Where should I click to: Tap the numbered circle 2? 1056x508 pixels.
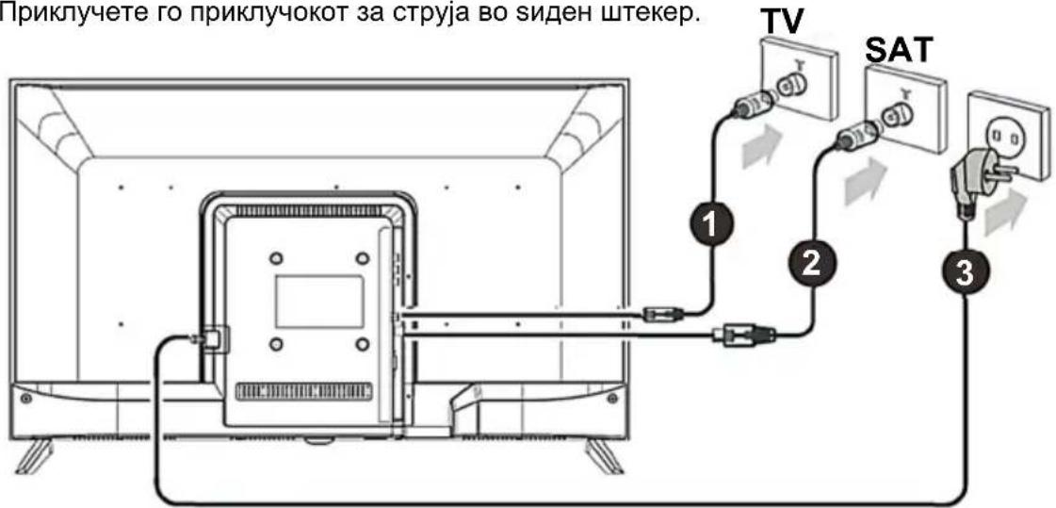811,263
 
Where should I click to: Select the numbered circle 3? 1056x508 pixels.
964,273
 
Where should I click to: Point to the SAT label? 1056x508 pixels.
899,51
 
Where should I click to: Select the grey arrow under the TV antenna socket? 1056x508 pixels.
762,146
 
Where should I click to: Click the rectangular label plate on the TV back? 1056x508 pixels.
319,302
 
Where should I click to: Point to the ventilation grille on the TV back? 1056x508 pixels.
303,391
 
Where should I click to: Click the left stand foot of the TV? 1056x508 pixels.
34,455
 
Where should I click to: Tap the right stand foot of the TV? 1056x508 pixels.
606,455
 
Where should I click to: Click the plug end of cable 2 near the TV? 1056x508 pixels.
745,332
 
